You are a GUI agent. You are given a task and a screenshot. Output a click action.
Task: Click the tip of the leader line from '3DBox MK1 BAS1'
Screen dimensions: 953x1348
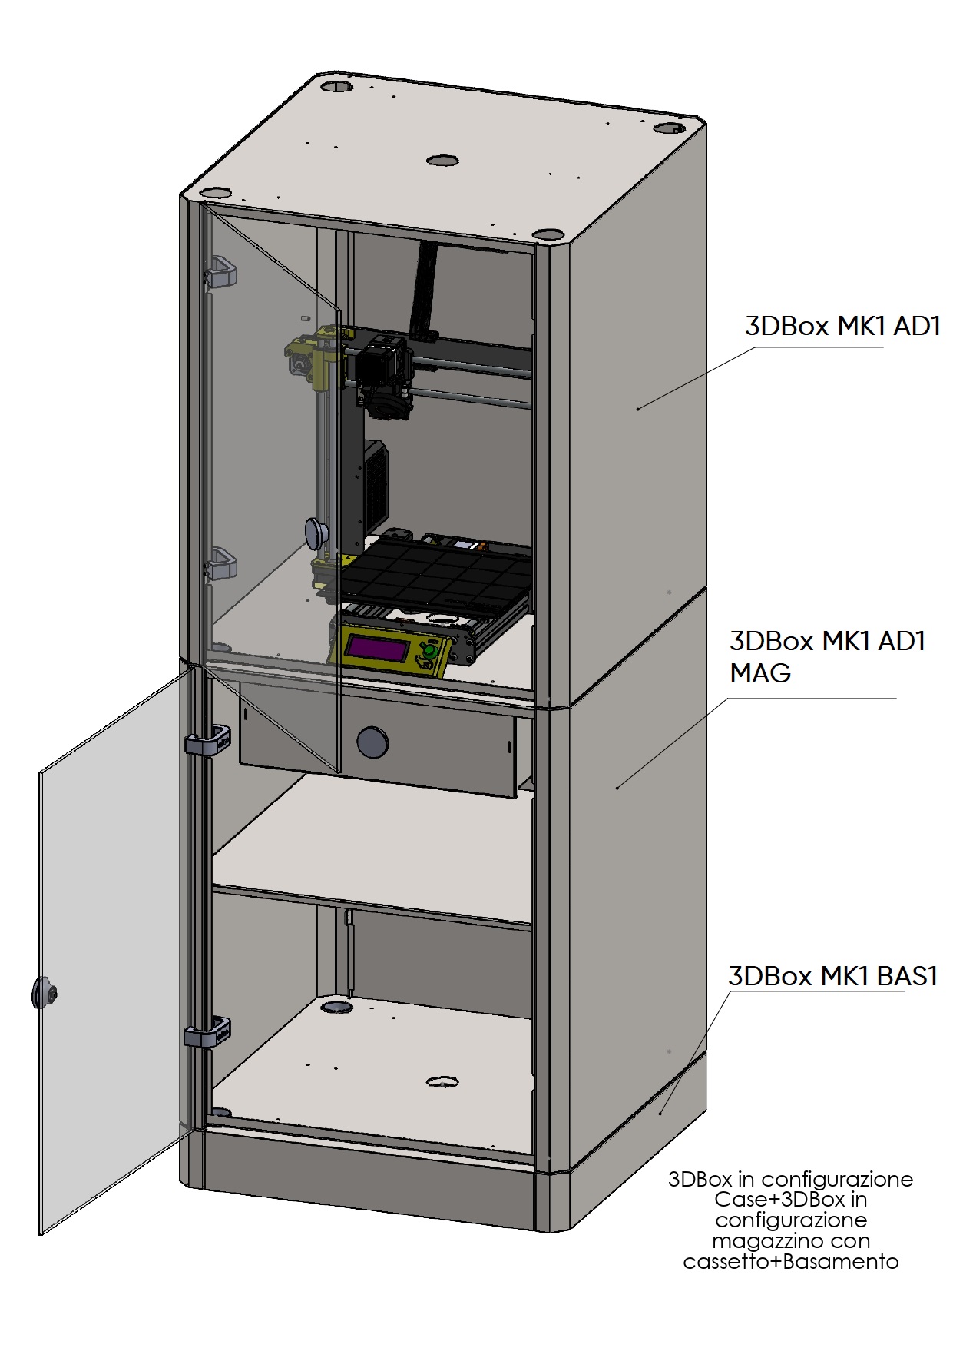point(661,1112)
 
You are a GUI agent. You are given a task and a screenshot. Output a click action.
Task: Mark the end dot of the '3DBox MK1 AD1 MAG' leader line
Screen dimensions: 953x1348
point(617,787)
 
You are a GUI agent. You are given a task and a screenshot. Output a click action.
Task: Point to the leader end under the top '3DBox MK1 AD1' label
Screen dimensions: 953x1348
point(638,408)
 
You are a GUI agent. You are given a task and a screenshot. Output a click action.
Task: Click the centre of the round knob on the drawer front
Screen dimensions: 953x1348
point(372,742)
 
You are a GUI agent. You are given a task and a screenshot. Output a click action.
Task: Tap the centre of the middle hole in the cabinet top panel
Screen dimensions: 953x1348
point(442,161)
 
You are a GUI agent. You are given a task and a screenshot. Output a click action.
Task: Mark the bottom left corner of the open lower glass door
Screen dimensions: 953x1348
point(40,1235)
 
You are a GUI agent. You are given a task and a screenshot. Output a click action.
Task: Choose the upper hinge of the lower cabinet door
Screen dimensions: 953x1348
point(207,741)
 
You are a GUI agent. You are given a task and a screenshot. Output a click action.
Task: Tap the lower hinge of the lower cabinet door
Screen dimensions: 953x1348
point(207,1032)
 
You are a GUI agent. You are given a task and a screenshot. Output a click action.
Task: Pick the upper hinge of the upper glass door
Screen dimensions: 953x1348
point(220,273)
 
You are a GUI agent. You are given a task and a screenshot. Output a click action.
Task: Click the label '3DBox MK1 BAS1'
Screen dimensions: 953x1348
point(833,976)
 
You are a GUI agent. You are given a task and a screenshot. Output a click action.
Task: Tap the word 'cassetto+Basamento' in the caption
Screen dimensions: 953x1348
point(791,1261)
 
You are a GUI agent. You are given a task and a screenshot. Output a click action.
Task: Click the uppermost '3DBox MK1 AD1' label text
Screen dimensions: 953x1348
point(842,326)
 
